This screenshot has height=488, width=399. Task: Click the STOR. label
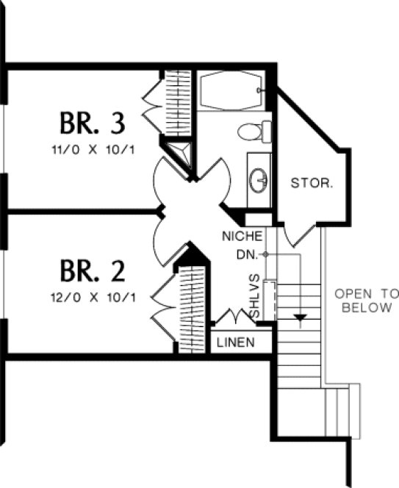pyautogui.click(x=312, y=182)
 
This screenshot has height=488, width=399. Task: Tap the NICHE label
pyautogui.click(x=242, y=237)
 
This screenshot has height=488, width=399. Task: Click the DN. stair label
pyautogui.click(x=246, y=254)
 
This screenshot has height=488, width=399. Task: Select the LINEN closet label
pyautogui.click(x=236, y=342)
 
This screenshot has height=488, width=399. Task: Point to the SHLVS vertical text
pyautogui.click(x=254, y=297)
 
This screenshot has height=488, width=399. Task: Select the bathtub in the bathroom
pyautogui.click(x=231, y=90)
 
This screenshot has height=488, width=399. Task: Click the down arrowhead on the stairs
pyautogui.click(x=299, y=319)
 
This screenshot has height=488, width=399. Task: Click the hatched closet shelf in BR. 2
pyautogui.click(x=193, y=309)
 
